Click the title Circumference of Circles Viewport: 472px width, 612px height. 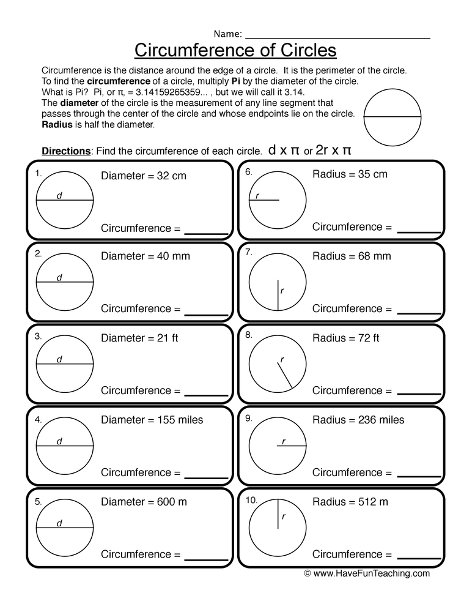(235, 49)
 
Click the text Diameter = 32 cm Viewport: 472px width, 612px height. (143, 176)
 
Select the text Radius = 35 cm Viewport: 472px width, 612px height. (350, 174)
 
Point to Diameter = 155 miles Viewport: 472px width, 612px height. (152, 420)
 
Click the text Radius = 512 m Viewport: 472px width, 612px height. (350, 502)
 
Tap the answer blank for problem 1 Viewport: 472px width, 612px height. (206, 233)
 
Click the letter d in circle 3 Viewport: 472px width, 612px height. (59, 359)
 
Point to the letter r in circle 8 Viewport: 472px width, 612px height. (282, 359)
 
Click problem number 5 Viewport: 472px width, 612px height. (38, 501)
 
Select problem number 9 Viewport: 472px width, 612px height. (248, 419)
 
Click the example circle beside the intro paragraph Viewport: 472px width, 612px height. (392, 116)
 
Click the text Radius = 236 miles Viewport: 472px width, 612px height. (358, 420)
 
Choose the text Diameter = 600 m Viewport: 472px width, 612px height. (144, 502)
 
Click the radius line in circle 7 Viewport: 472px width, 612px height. (278, 296)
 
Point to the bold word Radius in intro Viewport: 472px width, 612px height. (56, 124)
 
